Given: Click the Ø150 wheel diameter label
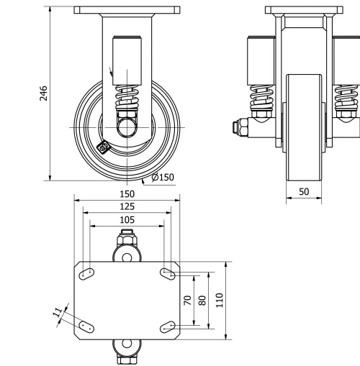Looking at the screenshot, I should [x=163, y=178].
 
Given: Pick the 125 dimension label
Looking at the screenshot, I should [x=127, y=207].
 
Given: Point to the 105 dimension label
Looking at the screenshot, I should [x=127, y=219].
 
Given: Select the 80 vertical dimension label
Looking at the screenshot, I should [x=202, y=300].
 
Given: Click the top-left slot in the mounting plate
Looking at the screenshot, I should [x=86, y=273].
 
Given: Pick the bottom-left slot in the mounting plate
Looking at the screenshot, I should [x=86, y=326].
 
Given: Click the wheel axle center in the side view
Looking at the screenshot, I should [x=127, y=127].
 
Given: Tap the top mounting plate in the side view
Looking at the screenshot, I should [x=127, y=12].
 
